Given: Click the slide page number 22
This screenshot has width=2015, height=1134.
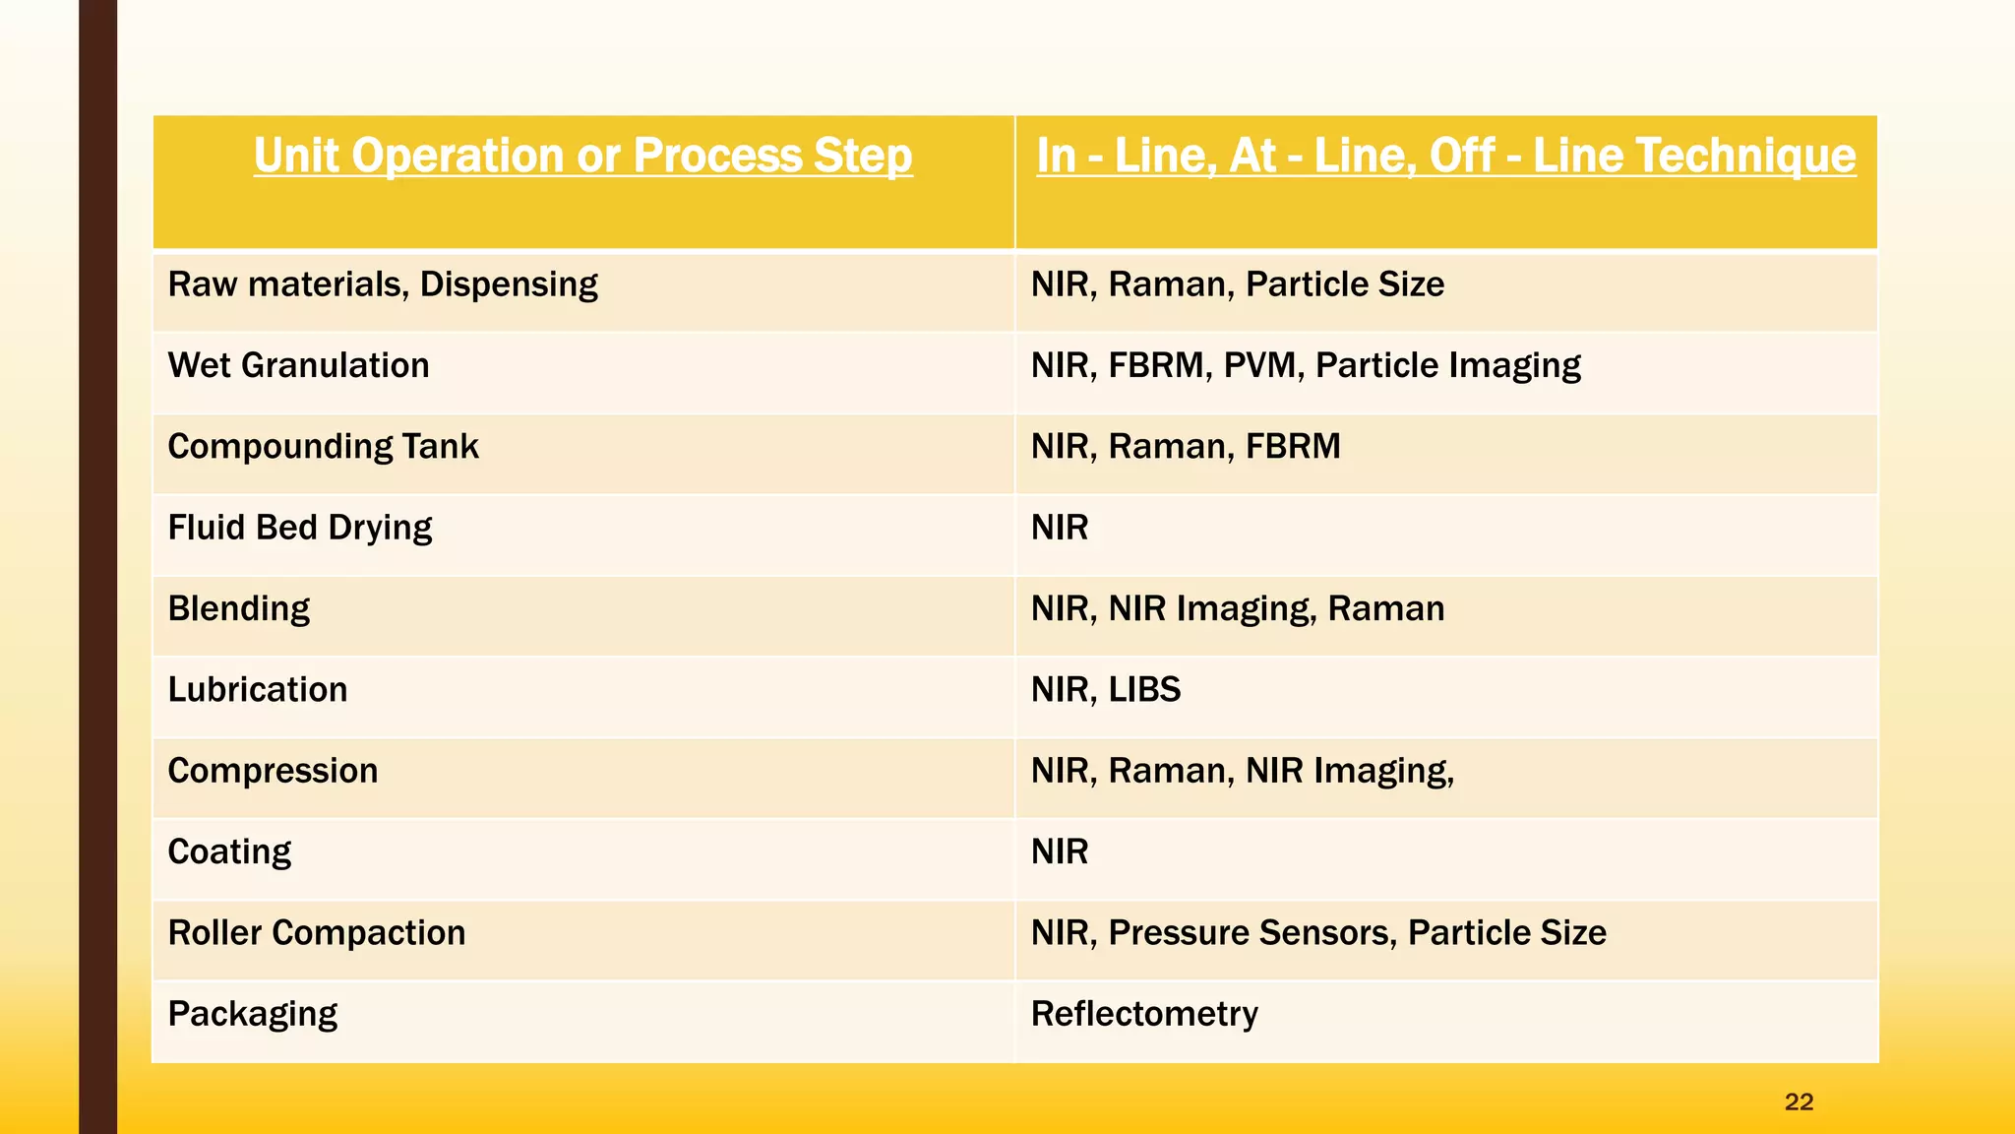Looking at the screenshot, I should pos(1799,1102).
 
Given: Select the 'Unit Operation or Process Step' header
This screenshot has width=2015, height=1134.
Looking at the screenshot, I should pos(582,157).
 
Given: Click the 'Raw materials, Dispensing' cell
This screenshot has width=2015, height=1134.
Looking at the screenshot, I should pos(383,285).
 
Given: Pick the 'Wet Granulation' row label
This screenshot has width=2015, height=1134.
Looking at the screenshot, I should pos(298,366).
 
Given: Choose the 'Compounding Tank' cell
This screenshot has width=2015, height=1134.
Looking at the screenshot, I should pos(323,447).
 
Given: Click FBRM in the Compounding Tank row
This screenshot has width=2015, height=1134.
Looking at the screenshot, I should pos(1293,447).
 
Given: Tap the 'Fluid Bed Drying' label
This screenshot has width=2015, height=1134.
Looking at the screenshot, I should pos(299,529).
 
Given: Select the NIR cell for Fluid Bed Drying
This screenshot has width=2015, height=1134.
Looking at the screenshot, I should pos(1060,529).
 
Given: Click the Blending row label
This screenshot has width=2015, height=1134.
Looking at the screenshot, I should pos(239,609).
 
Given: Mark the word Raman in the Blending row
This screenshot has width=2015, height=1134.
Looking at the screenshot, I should pos(1385,609).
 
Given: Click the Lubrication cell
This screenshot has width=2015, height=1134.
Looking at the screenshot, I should pos(258,690).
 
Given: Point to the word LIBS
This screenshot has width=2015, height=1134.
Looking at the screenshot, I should pos(1144,690).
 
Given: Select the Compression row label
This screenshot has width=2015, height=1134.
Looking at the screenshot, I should pos(273,771).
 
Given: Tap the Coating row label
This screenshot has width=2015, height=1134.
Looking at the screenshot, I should pos(229,852).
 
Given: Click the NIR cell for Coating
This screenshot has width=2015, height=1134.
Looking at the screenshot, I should pos(1060,852).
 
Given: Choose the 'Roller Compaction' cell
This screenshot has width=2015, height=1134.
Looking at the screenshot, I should pos(316,933).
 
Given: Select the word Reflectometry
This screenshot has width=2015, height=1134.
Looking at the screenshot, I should pos(1144,1014).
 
